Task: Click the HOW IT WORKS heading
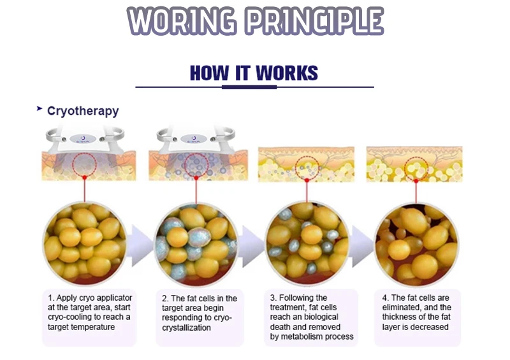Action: pos(254,73)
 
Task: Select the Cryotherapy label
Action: pos(83,111)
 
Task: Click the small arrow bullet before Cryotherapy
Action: pos(40,110)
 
